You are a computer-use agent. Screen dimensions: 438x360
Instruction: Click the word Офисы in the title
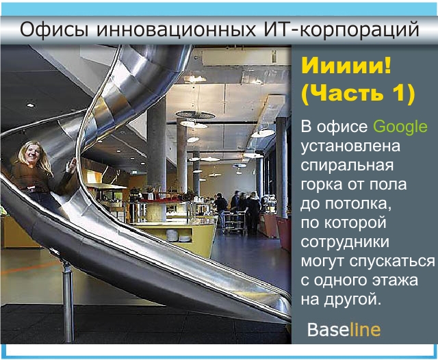point(54,29)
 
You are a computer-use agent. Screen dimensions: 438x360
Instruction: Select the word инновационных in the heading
point(176,29)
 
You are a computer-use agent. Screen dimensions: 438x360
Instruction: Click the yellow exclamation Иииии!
point(346,66)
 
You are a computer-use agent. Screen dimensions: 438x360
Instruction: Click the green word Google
point(400,127)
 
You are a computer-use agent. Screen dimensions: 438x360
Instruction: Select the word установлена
point(350,146)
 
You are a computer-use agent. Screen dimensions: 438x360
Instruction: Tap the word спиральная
point(347,166)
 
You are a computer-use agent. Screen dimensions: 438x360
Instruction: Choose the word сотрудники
point(345,242)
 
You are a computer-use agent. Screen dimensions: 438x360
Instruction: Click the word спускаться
point(392,261)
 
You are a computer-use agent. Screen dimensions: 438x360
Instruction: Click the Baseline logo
point(344,330)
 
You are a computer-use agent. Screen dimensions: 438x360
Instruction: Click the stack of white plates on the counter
point(172,235)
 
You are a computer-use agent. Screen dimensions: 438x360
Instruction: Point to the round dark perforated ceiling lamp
point(195,114)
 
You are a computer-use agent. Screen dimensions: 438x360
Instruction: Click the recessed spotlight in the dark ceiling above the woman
point(30,105)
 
